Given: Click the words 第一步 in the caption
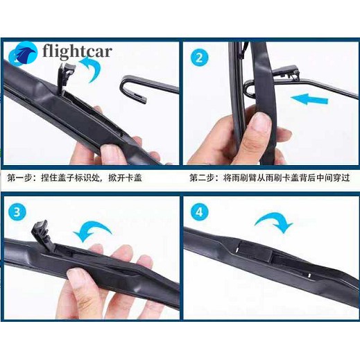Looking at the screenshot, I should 20,178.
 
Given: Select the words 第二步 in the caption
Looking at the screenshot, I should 202,178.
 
